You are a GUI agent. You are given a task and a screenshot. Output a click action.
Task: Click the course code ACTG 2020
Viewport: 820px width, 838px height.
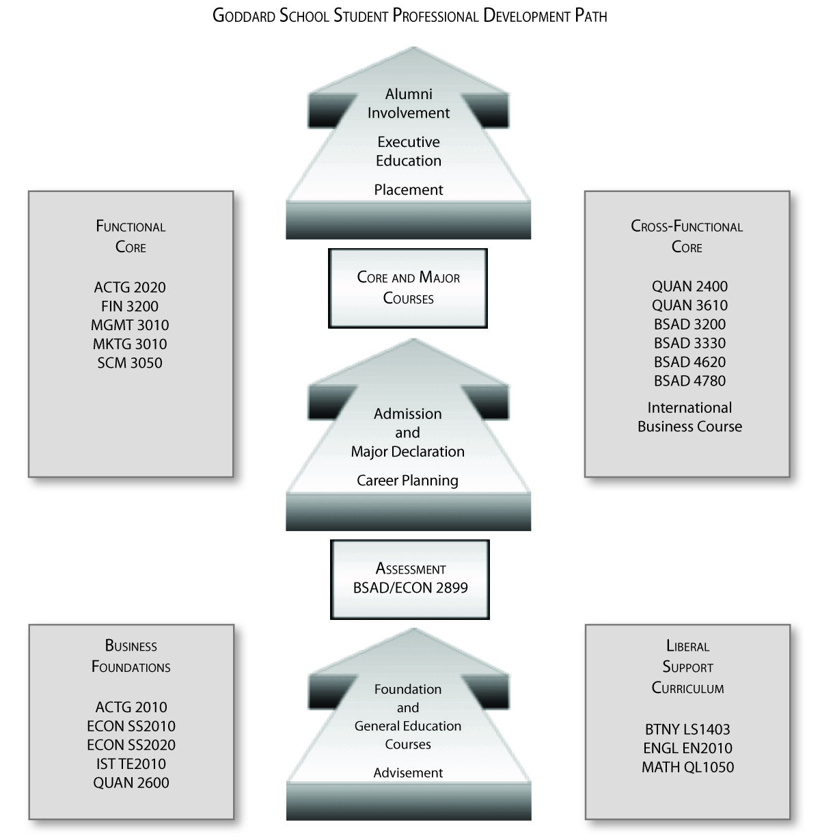130,287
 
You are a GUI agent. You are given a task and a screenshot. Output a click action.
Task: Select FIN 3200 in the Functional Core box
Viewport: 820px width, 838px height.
130,306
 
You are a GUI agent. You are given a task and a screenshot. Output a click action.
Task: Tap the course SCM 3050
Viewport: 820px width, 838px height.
130,363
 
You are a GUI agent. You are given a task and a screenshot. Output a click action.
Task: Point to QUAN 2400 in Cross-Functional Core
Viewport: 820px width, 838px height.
689,286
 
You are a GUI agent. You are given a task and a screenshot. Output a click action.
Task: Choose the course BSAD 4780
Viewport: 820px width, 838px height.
689,381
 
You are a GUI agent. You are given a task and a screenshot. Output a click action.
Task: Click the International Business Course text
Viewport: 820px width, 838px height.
689,417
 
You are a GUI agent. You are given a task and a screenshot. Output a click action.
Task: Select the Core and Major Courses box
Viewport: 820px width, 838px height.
408,288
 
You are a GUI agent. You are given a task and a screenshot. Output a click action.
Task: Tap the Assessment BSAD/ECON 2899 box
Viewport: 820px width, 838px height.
410,579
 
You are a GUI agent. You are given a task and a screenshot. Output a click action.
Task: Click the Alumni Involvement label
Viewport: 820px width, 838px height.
409,103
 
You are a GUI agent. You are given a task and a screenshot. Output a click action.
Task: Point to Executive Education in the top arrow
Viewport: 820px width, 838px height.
409,151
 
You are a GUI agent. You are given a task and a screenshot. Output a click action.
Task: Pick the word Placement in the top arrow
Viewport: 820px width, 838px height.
409,190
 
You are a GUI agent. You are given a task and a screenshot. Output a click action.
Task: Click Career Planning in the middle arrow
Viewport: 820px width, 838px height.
407,481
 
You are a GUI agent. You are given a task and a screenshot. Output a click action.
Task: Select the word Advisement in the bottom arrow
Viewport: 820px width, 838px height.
408,773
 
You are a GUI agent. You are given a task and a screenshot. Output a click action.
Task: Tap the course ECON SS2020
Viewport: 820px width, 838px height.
131,745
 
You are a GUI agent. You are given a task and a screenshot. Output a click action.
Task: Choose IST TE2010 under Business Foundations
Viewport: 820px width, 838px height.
131,764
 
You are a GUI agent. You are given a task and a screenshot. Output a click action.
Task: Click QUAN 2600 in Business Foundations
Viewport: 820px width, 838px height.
131,783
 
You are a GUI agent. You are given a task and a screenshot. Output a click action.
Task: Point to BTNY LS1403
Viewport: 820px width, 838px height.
687,729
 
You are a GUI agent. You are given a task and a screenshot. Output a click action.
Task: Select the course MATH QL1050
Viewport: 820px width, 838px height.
687,767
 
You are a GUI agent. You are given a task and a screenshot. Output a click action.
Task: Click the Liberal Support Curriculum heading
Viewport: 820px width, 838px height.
687,666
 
